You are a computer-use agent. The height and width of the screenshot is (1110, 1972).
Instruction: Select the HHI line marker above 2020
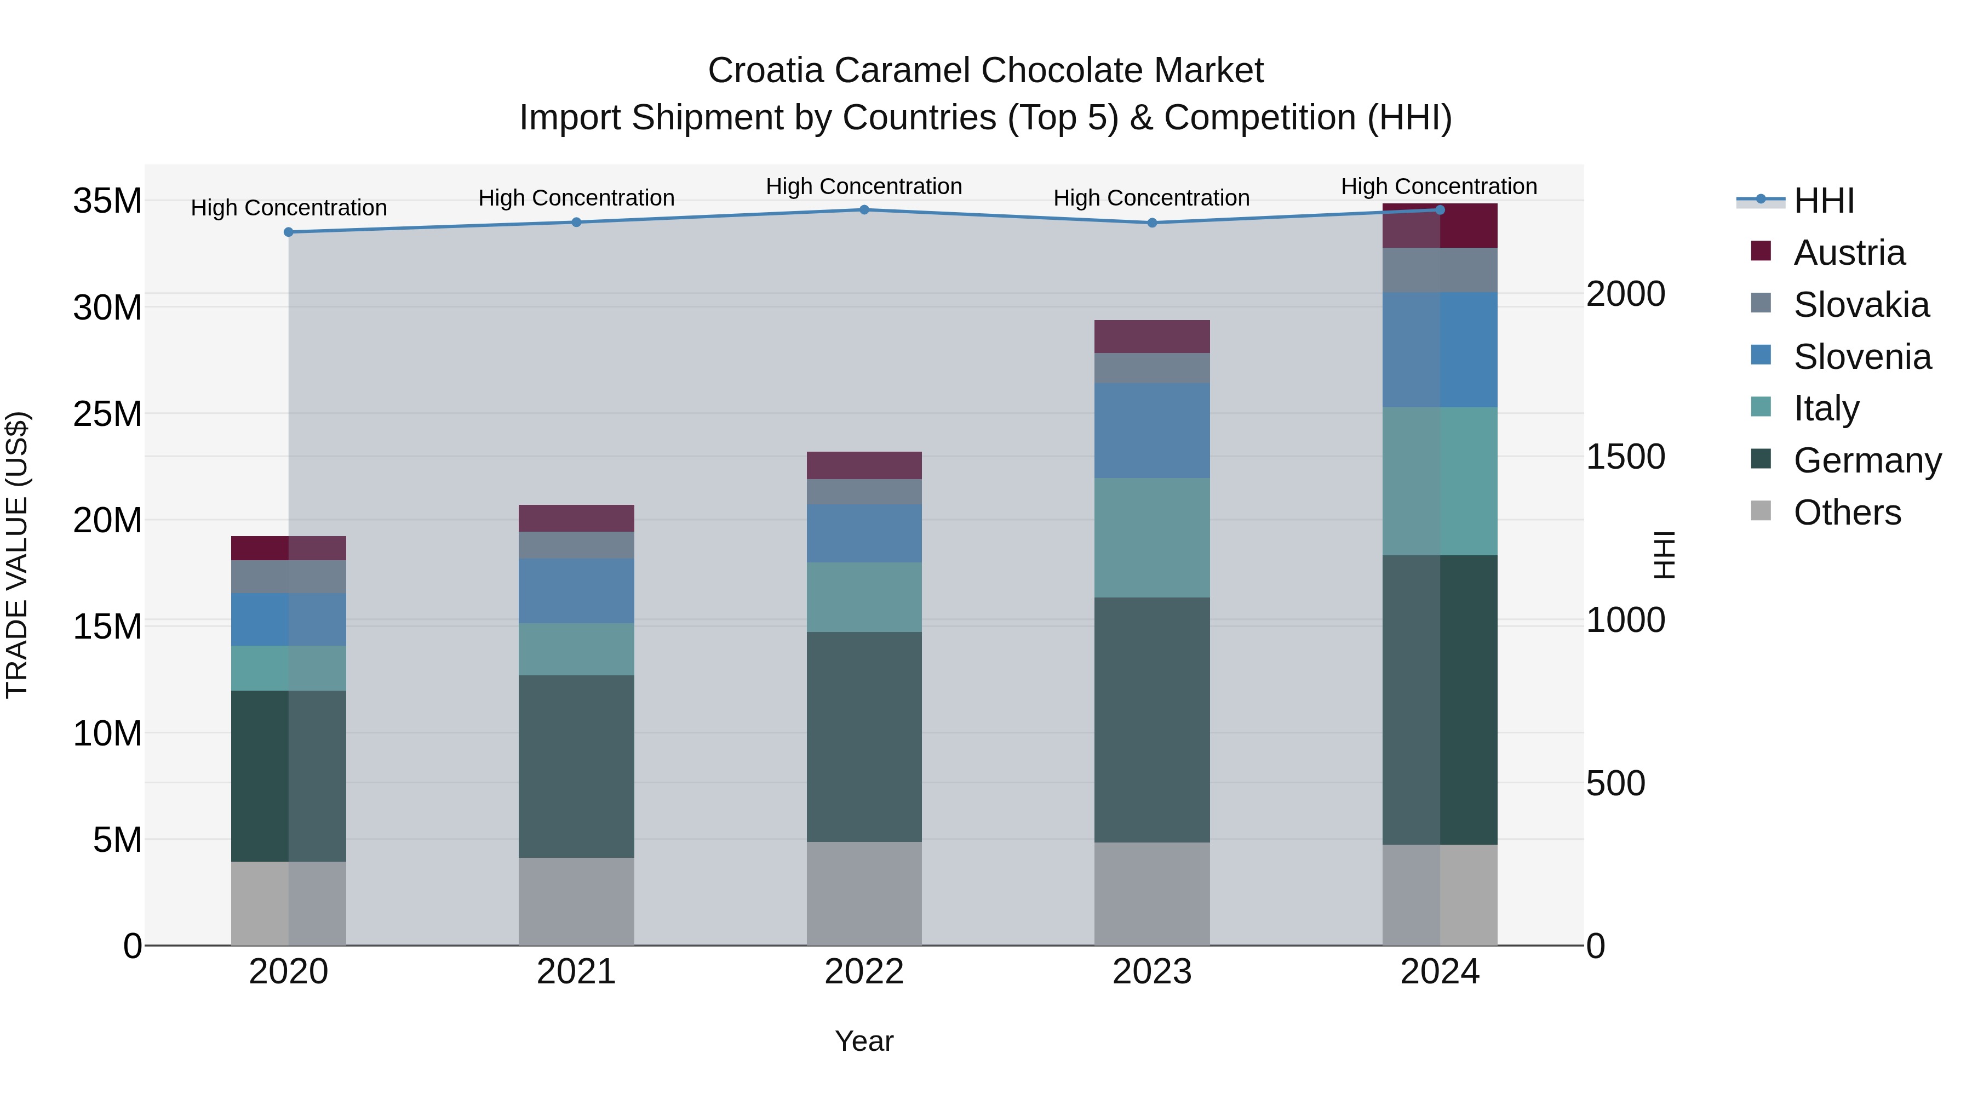click(289, 232)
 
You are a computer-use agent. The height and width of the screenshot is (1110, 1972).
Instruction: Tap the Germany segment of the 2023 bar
click(1151, 720)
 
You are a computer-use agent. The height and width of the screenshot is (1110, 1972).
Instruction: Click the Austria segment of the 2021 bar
click(576, 519)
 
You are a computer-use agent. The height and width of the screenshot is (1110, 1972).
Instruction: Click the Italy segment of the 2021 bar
click(576, 649)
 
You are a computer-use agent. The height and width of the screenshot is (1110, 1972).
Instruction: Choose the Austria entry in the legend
click(1848, 253)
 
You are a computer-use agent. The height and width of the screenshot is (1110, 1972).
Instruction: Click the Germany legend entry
click(1866, 460)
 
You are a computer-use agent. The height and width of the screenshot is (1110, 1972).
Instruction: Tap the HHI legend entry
click(1822, 201)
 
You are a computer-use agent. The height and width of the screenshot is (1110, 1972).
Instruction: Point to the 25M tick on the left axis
click(107, 414)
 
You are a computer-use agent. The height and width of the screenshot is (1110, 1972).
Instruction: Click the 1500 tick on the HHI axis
click(1625, 457)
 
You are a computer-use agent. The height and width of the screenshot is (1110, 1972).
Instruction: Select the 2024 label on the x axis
click(1439, 972)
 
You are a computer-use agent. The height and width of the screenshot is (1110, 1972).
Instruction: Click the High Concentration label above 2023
click(1151, 198)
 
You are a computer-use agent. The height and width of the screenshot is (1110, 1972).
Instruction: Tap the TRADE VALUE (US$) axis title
click(17, 555)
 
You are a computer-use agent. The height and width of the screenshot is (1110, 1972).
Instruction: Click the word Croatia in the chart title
click(766, 71)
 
